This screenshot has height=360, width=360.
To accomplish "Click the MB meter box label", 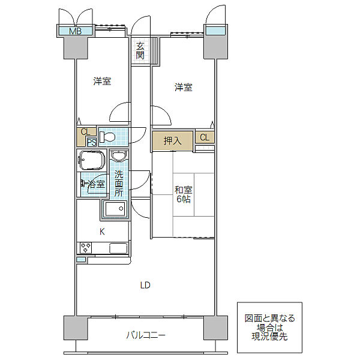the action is click(x=76, y=31).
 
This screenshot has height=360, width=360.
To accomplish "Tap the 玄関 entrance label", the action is click(x=140, y=51).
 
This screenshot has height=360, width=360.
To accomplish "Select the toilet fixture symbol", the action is click(x=107, y=137).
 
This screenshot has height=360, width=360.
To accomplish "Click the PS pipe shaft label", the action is click(x=92, y=143).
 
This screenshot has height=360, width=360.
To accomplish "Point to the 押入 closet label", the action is click(x=172, y=141).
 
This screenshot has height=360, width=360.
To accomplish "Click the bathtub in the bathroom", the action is click(x=92, y=160).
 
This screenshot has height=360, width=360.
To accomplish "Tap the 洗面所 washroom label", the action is click(x=119, y=184).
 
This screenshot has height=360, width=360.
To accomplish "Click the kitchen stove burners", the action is click(x=86, y=248).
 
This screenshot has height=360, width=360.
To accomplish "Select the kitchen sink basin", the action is click(x=118, y=248).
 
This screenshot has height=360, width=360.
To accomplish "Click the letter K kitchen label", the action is click(x=102, y=232).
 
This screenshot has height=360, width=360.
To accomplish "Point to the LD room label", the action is click(x=145, y=286).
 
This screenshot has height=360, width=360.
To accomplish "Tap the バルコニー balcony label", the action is click(x=146, y=335).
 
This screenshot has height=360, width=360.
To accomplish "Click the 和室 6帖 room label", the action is click(x=184, y=194).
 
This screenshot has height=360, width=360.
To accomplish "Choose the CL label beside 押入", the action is click(x=205, y=137).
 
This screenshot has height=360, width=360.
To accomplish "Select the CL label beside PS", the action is click(x=85, y=132).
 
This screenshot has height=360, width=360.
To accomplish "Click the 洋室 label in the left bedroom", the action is click(x=102, y=81).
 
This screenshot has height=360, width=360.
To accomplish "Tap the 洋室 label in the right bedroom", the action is click(x=184, y=88).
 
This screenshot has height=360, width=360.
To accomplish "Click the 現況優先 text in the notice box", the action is click(x=269, y=337).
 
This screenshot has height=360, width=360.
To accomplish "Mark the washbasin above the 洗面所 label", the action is click(x=119, y=156).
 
